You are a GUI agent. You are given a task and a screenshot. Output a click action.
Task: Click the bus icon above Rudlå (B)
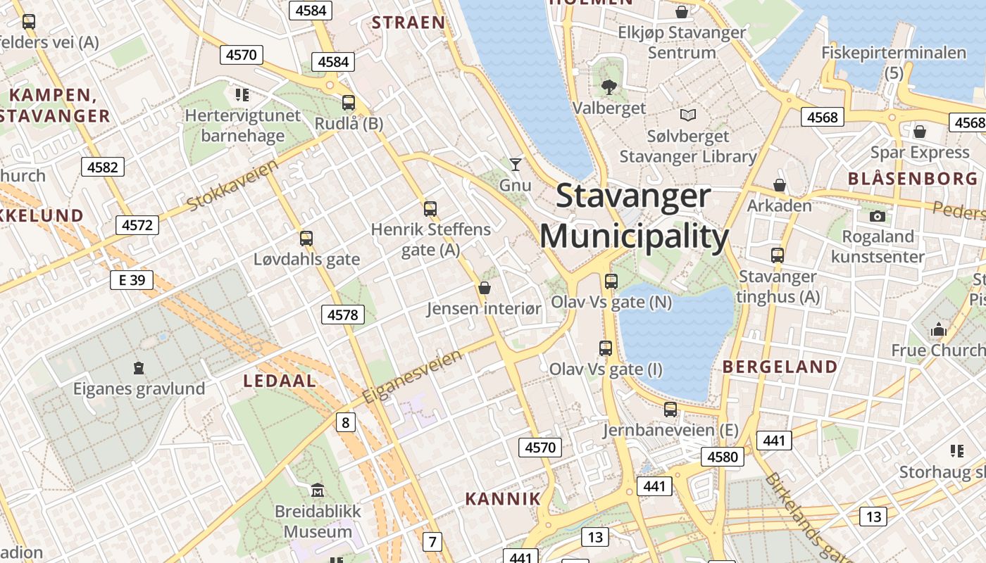point(349,103)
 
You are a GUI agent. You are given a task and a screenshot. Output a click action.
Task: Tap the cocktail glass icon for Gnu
point(516,165)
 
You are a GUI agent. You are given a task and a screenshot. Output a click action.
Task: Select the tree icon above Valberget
point(609,87)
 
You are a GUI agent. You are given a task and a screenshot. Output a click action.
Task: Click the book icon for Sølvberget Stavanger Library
point(687,115)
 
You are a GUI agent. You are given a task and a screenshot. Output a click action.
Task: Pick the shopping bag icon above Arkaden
point(780,185)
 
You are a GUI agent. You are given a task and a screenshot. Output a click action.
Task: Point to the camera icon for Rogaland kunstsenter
point(878,216)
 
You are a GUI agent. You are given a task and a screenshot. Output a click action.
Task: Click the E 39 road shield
point(132,280)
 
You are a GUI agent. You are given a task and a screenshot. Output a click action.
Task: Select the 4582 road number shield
point(103,167)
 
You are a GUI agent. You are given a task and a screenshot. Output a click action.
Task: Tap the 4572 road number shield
point(137,225)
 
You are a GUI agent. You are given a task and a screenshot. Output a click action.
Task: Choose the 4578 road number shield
point(343,315)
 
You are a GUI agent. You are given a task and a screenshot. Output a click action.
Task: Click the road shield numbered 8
point(345,422)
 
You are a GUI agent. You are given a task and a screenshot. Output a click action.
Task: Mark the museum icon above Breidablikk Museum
point(318,490)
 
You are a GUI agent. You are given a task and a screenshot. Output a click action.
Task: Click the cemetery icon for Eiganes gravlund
point(139,367)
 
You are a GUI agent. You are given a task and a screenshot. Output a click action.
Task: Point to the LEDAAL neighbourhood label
point(280,381)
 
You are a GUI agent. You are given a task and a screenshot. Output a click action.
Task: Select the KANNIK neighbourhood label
point(503,499)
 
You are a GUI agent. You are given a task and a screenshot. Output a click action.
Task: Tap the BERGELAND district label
point(780,367)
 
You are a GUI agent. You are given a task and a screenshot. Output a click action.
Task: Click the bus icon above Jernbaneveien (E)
point(670,409)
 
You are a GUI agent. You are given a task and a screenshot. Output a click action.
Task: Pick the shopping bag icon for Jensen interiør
point(485,287)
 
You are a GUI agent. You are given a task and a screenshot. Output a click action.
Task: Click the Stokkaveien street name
point(232,184)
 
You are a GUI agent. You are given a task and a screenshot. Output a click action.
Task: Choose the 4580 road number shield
point(723,457)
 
